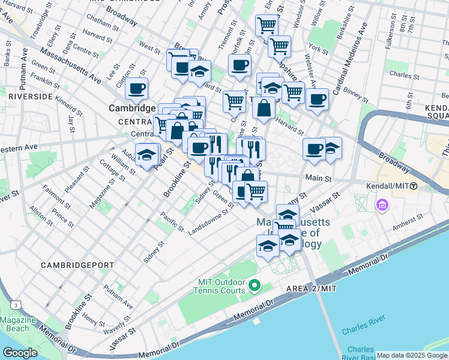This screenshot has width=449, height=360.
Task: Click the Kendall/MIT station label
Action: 388,187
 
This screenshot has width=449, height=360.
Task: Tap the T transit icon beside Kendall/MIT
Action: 414,187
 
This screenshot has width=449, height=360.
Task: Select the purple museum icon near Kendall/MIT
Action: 382,206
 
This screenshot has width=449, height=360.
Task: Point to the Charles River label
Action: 363,331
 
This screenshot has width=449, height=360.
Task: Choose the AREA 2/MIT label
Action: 311,289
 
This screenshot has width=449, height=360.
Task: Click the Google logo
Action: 20,352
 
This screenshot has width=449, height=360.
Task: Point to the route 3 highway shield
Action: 13,305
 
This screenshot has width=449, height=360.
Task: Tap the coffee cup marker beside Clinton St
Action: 136,89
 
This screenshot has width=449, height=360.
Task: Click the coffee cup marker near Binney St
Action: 317,99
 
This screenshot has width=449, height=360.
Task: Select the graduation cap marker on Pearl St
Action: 146,155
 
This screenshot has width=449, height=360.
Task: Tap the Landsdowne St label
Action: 209,223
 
